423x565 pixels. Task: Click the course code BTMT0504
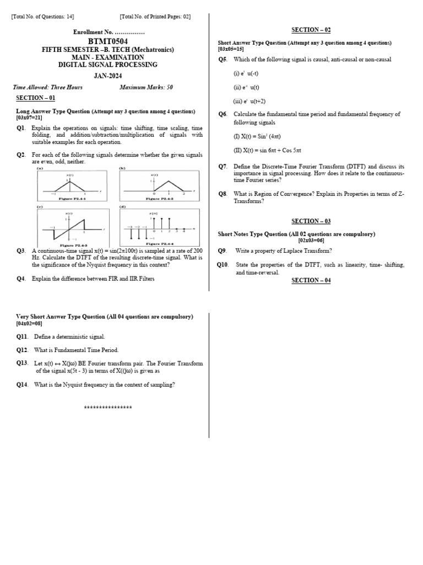coord(108,41)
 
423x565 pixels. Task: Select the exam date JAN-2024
coord(108,76)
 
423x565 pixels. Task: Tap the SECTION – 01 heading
coord(36,98)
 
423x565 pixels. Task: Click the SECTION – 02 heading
coord(311,30)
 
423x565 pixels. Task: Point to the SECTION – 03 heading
coord(311,221)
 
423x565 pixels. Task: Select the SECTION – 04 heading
coord(311,280)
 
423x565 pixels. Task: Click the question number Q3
coord(21,250)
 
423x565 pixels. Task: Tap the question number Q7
coord(223,166)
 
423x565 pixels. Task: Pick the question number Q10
coord(222,265)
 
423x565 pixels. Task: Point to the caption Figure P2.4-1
coord(69,199)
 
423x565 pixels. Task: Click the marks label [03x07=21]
coord(29,118)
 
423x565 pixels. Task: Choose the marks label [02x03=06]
coord(311,241)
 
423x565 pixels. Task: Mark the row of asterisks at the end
coord(108,408)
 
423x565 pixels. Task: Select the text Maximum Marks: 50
coord(146,87)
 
